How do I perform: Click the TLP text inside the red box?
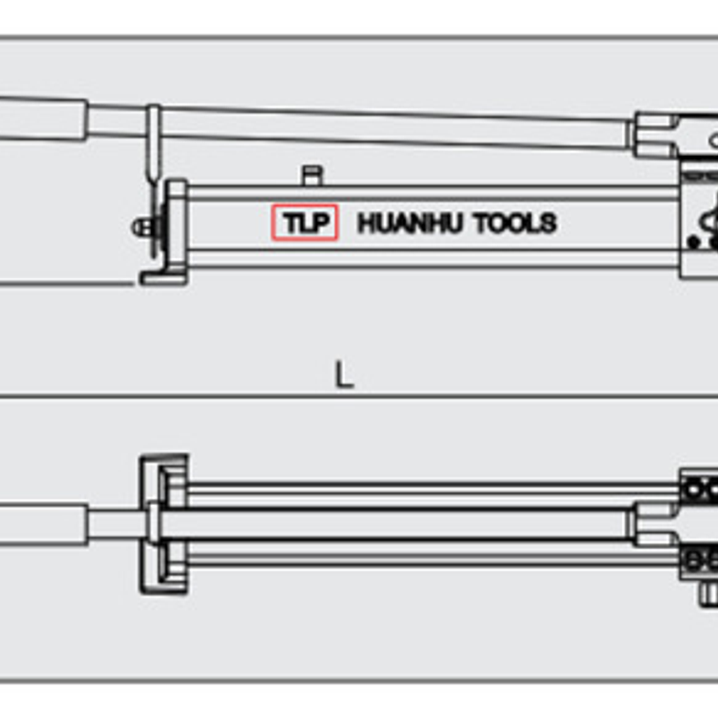pyautogui.click(x=305, y=223)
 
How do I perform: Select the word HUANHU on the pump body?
pyautogui.click(x=411, y=224)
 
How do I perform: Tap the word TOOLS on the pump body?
pyautogui.click(x=516, y=224)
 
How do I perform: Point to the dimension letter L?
pyautogui.click(x=343, y=376)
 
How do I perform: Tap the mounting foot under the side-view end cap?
pyautogui.click(x=162, y=276)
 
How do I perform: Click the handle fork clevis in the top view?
pyautogui.click(x=655, y=524)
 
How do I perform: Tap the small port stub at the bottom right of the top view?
pyautogui.click(x=709, y=593)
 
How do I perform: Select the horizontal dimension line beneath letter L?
pyautogui.click(x=359, y=397)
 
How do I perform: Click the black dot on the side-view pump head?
pyautogui.click(x=693, y=241)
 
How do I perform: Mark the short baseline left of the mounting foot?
pyautogui.click(x=66, y=284)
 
